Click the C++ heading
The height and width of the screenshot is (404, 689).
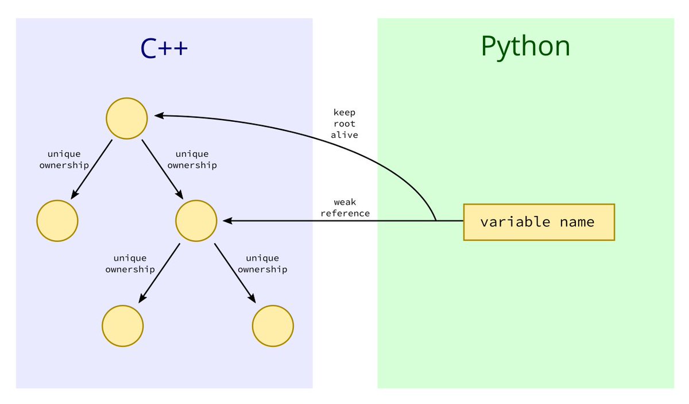(164, 48)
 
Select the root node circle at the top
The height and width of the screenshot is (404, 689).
(127, 118)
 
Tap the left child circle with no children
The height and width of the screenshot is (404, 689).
(57, 221)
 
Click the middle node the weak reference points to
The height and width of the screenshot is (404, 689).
(196, 221)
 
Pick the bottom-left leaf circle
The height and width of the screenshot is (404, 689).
(123, 326)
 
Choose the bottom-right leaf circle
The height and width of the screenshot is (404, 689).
(273, 326)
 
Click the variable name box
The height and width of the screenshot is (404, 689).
(539, 222)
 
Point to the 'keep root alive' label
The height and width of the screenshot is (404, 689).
(344, 124)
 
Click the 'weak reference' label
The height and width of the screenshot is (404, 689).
(345, 207)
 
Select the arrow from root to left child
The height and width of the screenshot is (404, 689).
(92, 169)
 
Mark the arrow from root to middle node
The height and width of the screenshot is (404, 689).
(162, 168)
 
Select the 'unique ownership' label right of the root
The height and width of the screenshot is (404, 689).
(192, 159)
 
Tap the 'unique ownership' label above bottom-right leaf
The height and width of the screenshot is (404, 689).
(262, 264)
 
